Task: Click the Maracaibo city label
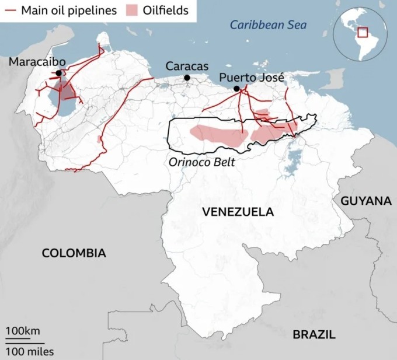pos(37,62)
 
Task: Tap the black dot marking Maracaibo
pos(58,73)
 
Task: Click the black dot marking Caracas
pos(187,78)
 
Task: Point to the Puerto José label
pos(252,77)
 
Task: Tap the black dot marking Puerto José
pos(236,89)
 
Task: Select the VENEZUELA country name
pos(238,212)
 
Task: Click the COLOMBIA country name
pos(74,253)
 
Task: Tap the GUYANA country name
pos(366,201)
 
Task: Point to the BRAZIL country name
pos(314,334)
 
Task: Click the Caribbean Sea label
pos(268,25)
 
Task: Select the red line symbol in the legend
pos(11,10)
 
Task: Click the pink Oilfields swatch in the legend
pos(134,10)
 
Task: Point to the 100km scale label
pos(23,331)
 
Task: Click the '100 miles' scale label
pos(30,351)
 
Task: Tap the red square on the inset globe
pos(363,33)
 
